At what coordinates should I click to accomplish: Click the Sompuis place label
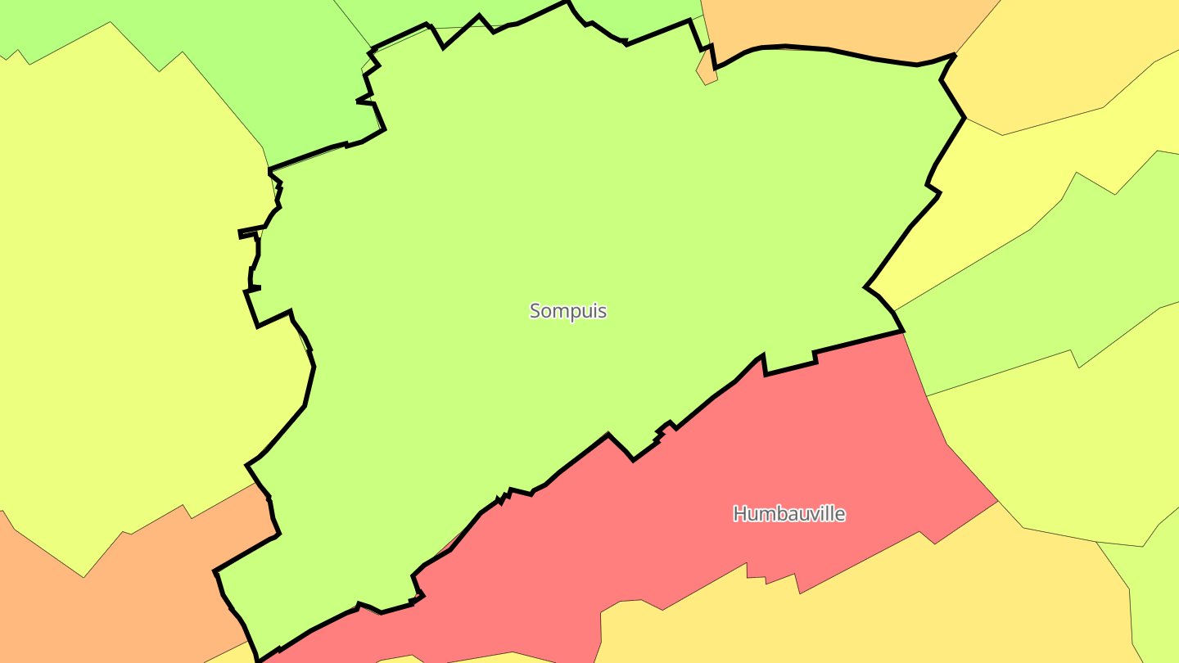click(x=568, y=311)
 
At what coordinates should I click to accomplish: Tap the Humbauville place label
click(x=788, y=514)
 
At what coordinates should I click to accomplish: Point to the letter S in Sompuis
click(x=535, y=311)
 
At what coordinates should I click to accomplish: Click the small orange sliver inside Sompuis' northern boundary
click(x=707, y=70)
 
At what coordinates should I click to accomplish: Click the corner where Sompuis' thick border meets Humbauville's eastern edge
click(x=902, y=331)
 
